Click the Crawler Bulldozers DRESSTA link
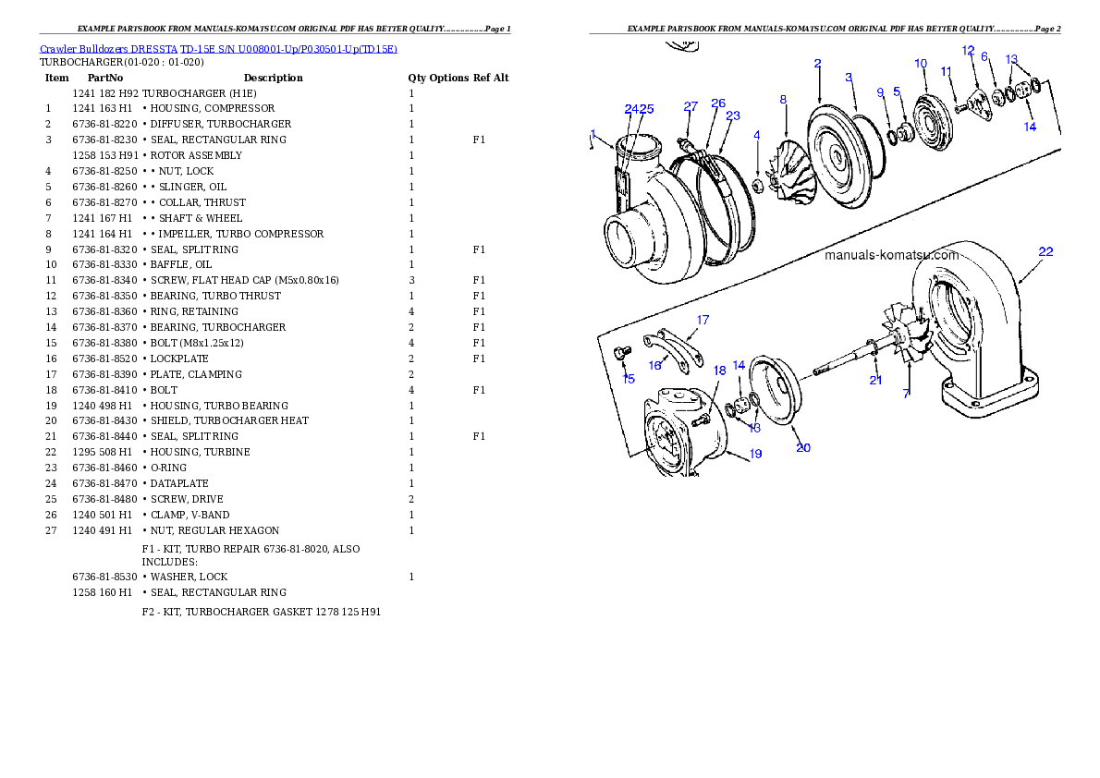point(109,49)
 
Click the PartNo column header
point(105,78)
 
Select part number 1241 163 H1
point(103,109)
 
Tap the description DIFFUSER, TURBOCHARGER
point(220,124)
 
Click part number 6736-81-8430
point(105,421)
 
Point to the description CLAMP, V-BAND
point(189,515)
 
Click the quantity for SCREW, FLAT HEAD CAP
point(411,281)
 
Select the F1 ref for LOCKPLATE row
point(479,359)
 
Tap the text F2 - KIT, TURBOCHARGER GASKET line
point(261,613)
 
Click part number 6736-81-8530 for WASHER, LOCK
point(105,577)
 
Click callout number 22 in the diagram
point(1045,252)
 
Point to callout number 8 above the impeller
point(783,101)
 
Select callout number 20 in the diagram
point(803,447)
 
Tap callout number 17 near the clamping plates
point(703,320)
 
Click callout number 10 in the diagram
point(921,64)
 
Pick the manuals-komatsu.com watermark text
point(892,255)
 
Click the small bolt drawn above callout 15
point(620,353)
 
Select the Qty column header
point(417,78)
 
